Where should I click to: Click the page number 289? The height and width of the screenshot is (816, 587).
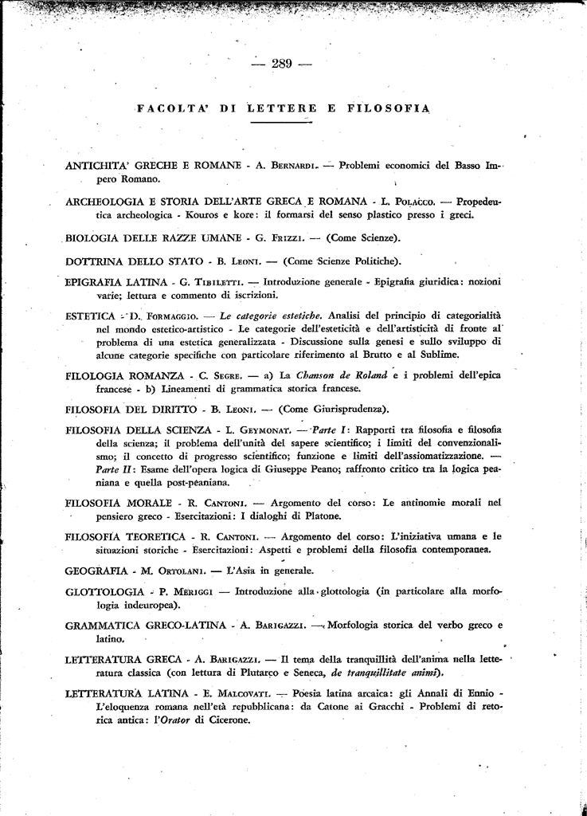(282, 65)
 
